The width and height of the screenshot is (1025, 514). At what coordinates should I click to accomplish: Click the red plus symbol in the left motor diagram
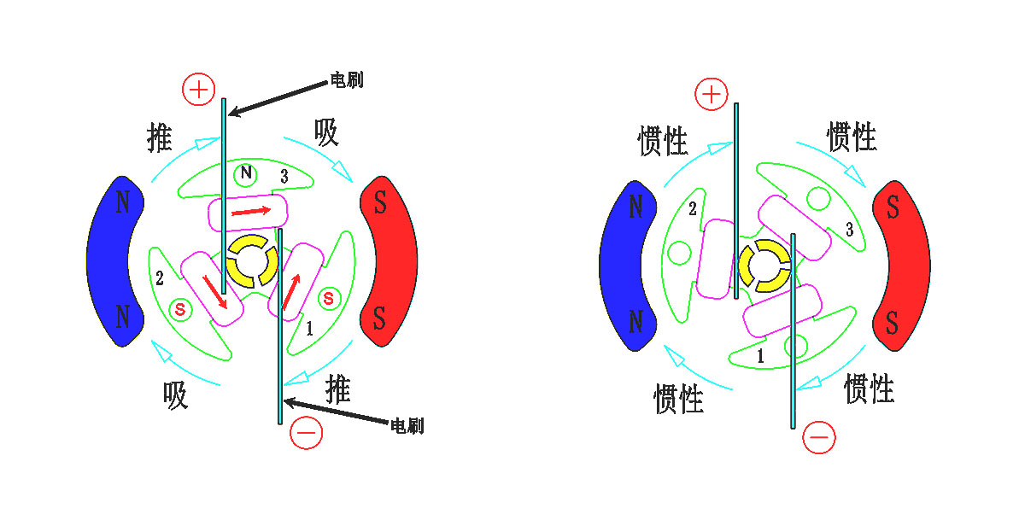point(198,89)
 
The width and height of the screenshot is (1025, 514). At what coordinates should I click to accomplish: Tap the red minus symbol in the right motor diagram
point(818,437)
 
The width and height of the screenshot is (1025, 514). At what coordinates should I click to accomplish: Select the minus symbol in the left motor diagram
point(306,433)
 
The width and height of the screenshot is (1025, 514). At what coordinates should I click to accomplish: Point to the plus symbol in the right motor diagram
point(711,94)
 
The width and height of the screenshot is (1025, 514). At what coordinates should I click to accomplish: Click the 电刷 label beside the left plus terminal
point(347,80)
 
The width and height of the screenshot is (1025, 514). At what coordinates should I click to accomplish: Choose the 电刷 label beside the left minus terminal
point(407,426)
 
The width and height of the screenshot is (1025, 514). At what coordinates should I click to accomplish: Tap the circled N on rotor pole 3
point(245,174)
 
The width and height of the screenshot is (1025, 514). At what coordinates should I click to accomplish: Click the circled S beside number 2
point(180,310)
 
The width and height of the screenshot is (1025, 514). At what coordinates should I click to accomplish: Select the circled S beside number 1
point(329,299)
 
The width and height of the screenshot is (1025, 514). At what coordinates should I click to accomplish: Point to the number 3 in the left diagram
point(284,176)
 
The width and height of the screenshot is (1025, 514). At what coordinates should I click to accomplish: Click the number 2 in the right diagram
point(693,209)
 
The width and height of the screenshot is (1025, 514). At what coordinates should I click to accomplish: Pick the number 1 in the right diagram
point(760,355)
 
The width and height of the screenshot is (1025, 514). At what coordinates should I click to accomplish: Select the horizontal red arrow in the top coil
point(251,211)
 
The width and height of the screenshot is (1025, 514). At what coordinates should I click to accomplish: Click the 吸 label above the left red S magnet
point(326,132)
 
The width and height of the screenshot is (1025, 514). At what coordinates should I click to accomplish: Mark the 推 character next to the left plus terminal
point(159,137)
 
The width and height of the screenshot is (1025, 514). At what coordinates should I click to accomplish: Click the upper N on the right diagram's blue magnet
point(635,207)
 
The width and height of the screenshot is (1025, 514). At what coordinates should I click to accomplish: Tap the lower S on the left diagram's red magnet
point(379,318)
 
